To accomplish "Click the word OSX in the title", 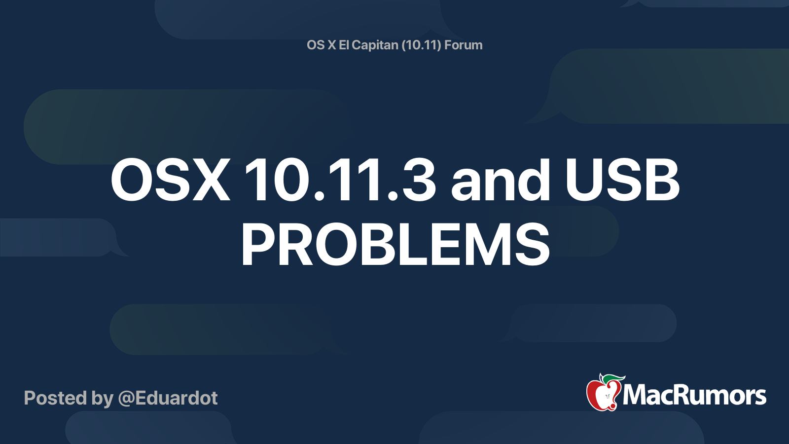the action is pos(171,180).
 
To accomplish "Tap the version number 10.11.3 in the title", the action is pos(340,180).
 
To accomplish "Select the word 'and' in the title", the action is pos(501,180).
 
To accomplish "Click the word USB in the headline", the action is pos(622,180).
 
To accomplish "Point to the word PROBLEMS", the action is pos(395,244).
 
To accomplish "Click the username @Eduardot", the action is pos(168,398).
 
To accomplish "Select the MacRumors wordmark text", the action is pos(694,396).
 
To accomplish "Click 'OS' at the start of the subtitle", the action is pos(316,45).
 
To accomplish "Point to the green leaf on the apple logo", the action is pos(613,379).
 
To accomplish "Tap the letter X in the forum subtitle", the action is pos(332,45).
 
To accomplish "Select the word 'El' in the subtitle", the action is pos(344,45).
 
